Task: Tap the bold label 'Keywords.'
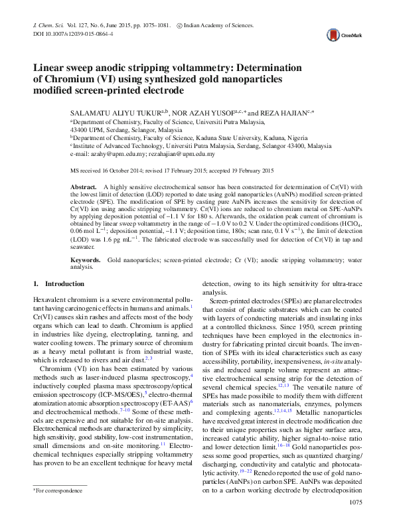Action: click(x=86, y=259)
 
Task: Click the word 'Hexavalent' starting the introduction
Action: click(x=50, y=301)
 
